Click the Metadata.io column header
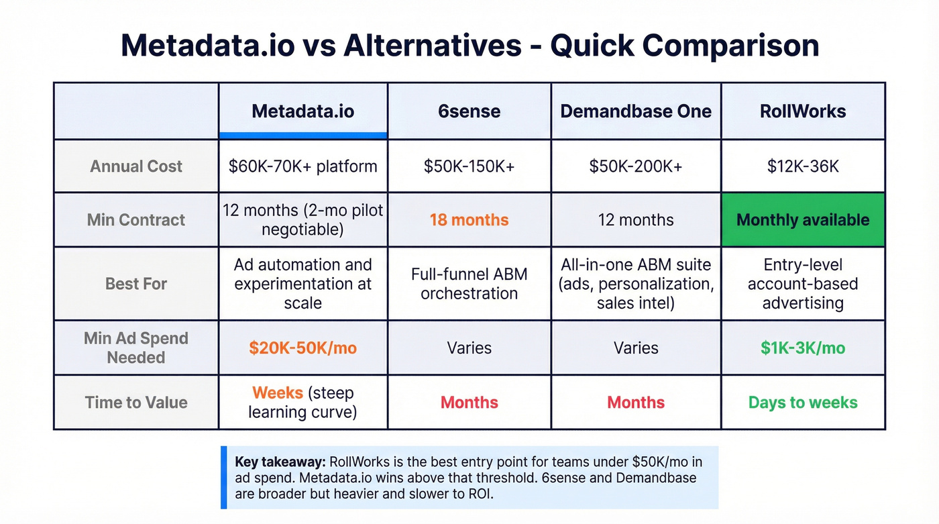[x=302, y=111]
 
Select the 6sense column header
[x=469, y=111]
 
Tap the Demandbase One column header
[x=636, y=111]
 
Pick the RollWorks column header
[x=803, y=111]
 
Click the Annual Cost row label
[x=136, y=166]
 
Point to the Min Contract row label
[x=136, y=220]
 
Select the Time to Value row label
[x=136, y=403]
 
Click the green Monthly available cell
[x=803, y=220]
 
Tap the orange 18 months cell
[x=469, y=220]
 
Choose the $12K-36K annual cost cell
[x=803, y=166]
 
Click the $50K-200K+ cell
[x=636, y=166]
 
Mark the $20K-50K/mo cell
[x=302, y=348]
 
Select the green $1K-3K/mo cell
[x=803, y=348]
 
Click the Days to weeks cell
[x=803, y=403]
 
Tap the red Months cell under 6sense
[x=469, y=403]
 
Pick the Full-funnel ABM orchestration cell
[x=469, y=284]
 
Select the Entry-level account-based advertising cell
[x=803, y=284]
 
